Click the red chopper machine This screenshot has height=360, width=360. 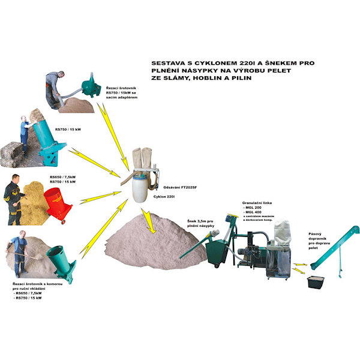point(58,200)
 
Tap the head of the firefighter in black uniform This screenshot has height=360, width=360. point(16,179)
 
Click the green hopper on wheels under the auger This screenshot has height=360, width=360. point(218,255)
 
